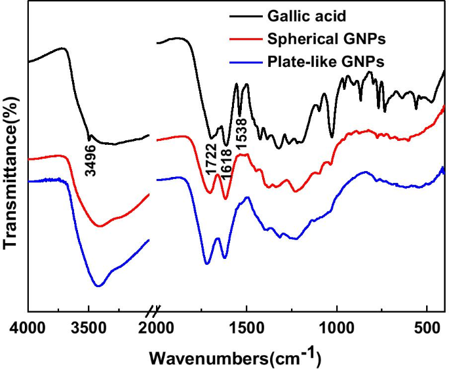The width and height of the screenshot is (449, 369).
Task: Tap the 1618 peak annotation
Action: pos(227,161)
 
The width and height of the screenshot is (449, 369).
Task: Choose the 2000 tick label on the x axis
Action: pos(157,328)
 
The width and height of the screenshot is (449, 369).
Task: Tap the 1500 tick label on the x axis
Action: pos(246,328)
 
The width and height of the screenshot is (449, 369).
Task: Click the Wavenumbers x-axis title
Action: pos(235,357)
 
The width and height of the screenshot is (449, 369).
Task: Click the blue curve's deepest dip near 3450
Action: pos(98,286)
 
